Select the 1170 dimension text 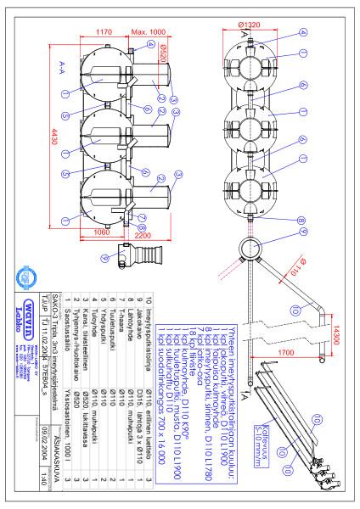104,31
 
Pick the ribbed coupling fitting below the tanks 137,253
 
